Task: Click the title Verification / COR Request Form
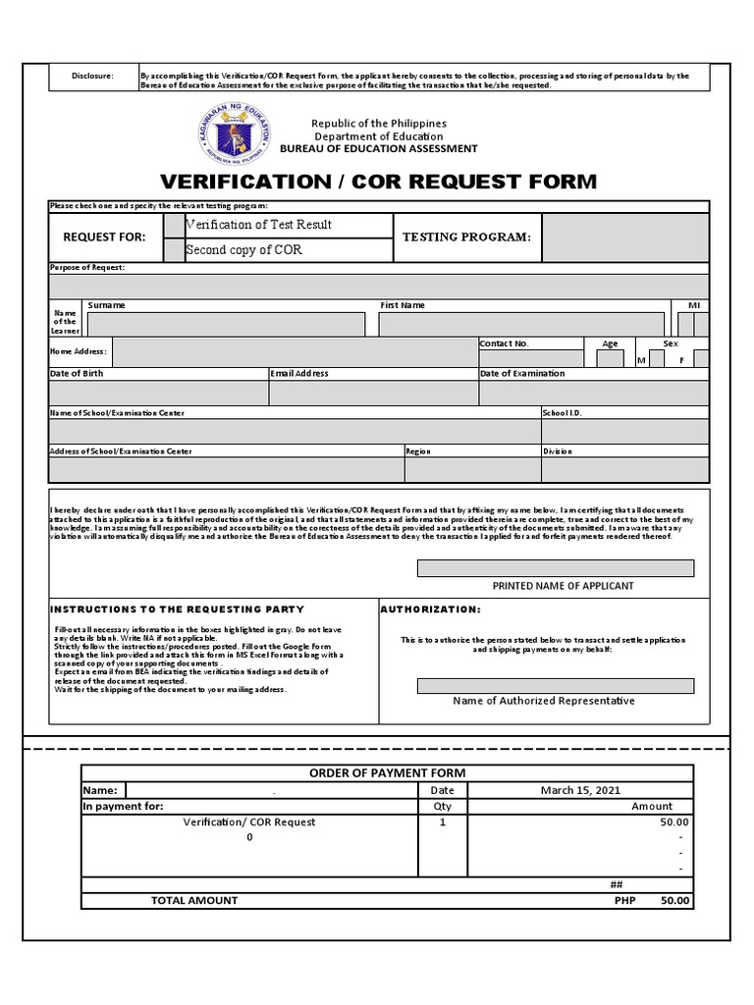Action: pos(377,182)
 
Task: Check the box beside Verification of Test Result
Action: pos(174,225)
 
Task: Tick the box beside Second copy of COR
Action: pos(174,249)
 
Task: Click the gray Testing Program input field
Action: pos(624,238)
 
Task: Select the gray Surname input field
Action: pos(226,325)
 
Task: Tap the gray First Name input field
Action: pos(521,325)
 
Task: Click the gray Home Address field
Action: pos(296,351)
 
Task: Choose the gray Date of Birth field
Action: pos(158,394)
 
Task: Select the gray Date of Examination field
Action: pos(593,394)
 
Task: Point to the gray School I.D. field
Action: pos(624,432)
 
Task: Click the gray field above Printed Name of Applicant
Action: pos(556,568)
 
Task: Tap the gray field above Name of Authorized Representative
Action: pos(556,685)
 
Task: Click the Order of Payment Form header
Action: pos(388,773)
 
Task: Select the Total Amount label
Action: pos(193,900)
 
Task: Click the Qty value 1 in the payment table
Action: pos(443,822)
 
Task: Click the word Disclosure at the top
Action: pos(93,76)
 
